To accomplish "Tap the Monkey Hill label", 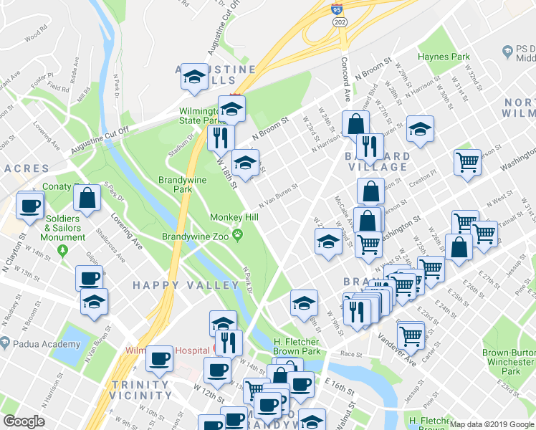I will pos(229,217).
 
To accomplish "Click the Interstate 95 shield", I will pos(337,10).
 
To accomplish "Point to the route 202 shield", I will pos(337,23).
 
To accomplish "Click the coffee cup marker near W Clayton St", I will pos(30,206).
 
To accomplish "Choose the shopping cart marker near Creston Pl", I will pos(467,162).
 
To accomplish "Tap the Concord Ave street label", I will pos(345,80).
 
